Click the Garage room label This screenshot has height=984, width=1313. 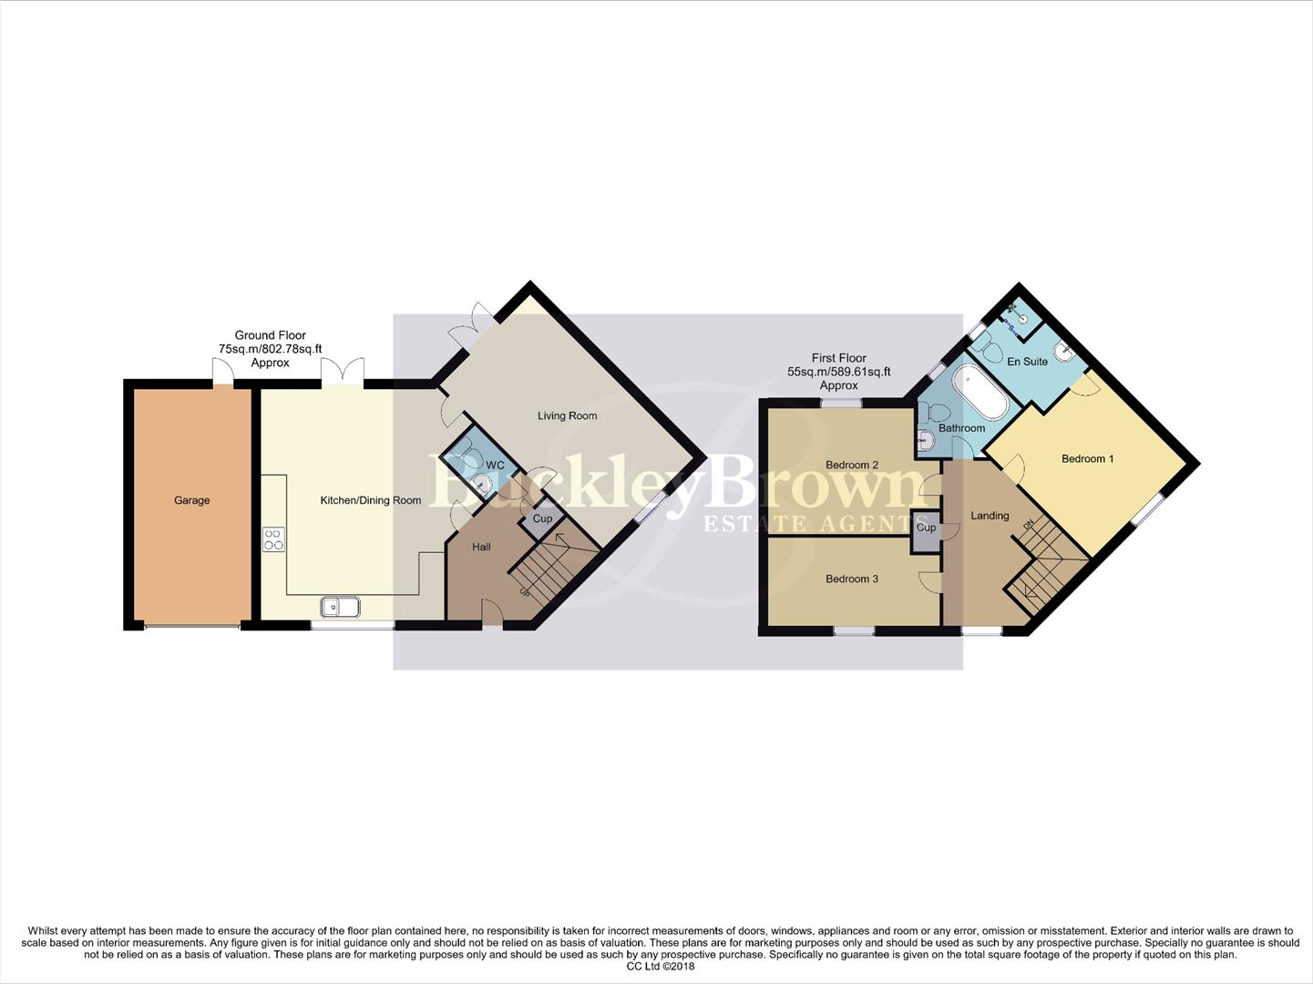coord(191,500)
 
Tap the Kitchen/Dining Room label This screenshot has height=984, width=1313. coord(370,500)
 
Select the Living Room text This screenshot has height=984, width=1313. coord(567,415)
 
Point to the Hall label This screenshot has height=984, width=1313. coord(481,547)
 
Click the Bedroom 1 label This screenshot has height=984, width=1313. coord(1087,458)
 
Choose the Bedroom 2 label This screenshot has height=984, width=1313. coord(851,465)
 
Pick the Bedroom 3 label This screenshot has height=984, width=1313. coord(851,579)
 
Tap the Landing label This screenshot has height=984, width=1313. coord(989,516)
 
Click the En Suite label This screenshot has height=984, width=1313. coord(1027,362)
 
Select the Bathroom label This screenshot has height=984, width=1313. coord(961,428)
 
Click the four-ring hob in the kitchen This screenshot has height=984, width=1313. coord(273,539)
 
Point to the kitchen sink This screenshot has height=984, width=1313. coord(340,606)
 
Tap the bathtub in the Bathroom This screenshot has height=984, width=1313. coord(979,393)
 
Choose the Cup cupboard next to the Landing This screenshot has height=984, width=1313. coord(926,528)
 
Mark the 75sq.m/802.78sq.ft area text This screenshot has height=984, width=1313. coord(270,349)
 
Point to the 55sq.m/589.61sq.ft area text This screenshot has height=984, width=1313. coord(838,372)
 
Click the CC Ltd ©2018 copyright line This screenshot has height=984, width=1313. coord(660,967)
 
